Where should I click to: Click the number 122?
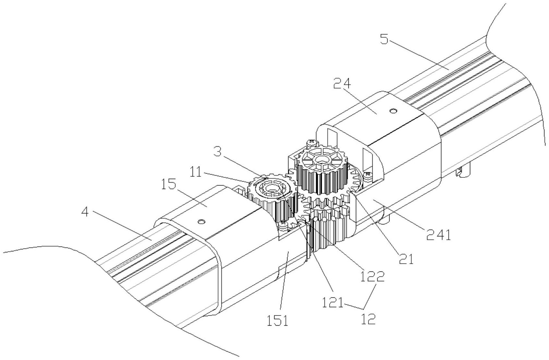(x=372, y=276)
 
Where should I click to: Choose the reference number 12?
(x=368, y=319)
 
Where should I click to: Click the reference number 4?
(x=85, y=213)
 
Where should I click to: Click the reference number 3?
(x=218, y=152)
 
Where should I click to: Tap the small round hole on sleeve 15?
(x=202, y=222)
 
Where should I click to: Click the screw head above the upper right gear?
(x=311, y=142)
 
